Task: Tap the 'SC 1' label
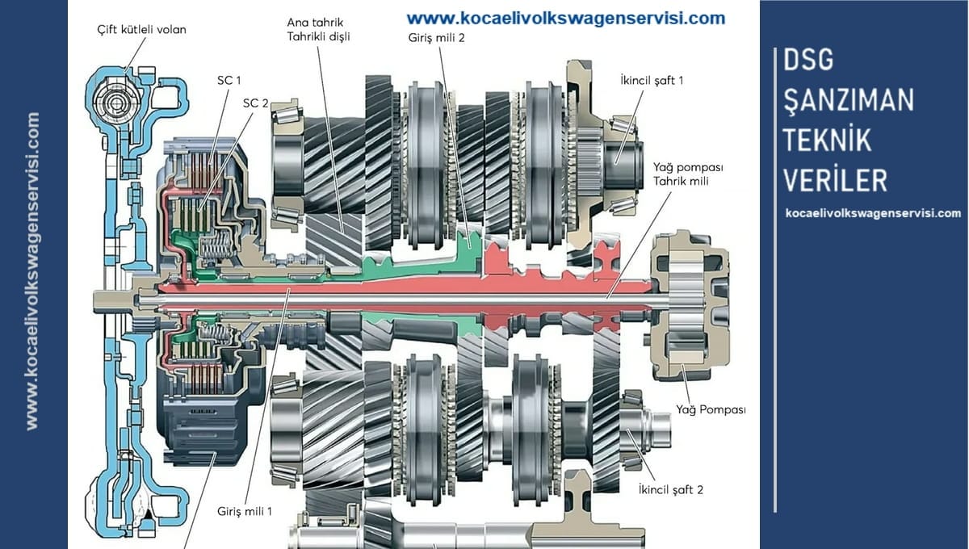click(229, 80)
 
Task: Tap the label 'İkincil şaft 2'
click(670, 489)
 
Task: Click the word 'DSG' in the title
click(807, 60)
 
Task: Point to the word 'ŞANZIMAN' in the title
click(848, 100)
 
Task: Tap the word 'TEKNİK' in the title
click(827, 140)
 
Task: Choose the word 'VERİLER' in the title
click(835, 179)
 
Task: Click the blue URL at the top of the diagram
click(565, 18)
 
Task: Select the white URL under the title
click(873, 213)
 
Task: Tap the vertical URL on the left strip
click(33, 270)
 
